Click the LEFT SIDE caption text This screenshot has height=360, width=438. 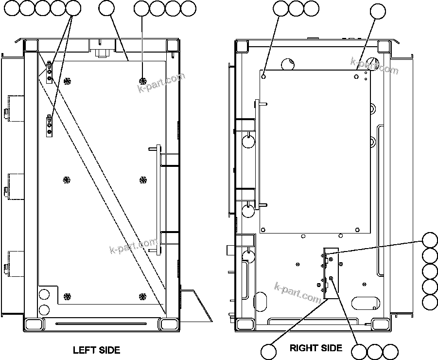pyautogui.click(x=96, y=350)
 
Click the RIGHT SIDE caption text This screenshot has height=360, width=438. pyautogui.click(x=316, y=348)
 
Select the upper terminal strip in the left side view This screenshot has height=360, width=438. pyautogui.click(x=50, y=72)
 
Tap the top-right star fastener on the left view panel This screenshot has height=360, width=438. pyautogui.click(x=142, y=80)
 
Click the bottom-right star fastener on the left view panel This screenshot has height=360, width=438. pyautogui.click(x=142, y=296)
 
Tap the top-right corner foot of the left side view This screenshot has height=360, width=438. pyautogui.click(x=173, y=45)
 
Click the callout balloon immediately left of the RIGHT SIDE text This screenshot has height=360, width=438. pyautogui.click(x=267, y=351)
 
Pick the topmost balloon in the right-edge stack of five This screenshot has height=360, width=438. pyautogui.click(x=430, y=241)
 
